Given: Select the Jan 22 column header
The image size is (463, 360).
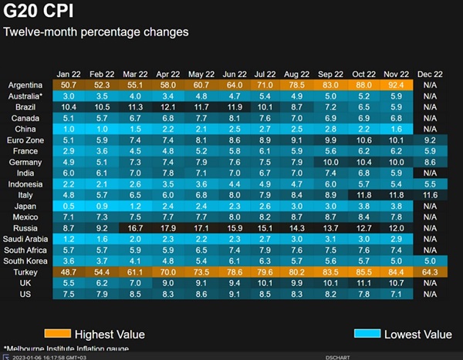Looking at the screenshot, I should [68, 72].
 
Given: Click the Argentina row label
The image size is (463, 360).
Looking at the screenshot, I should [25, 84].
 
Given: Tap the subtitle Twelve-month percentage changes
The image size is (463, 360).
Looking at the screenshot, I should [96, 32].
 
